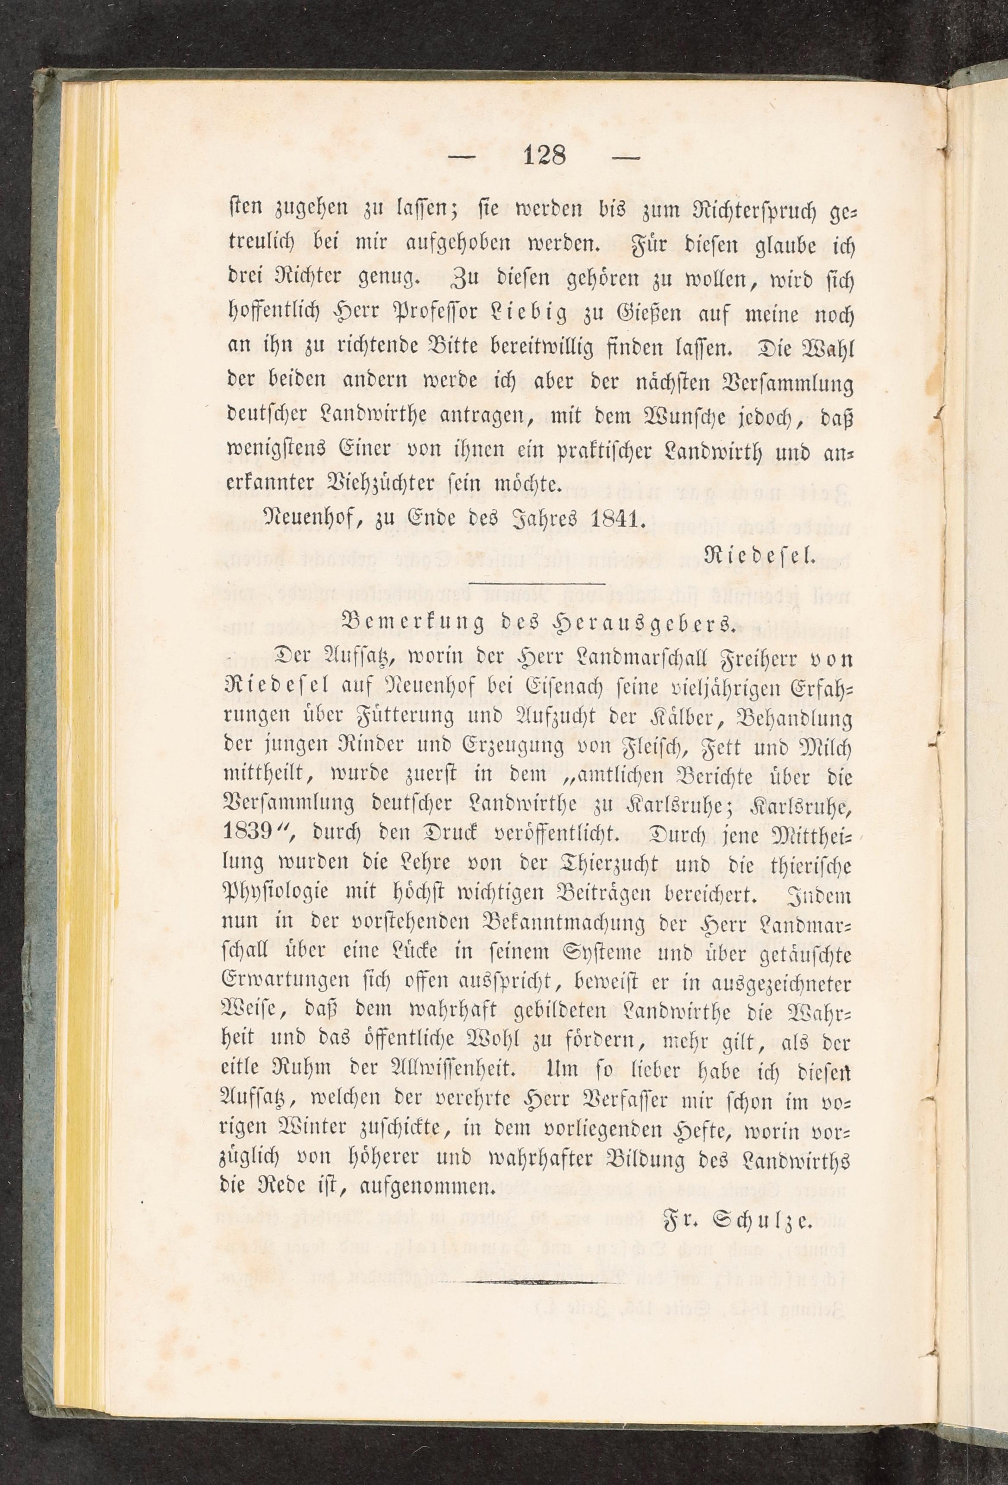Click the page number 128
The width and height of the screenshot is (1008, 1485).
pos(544,155)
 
